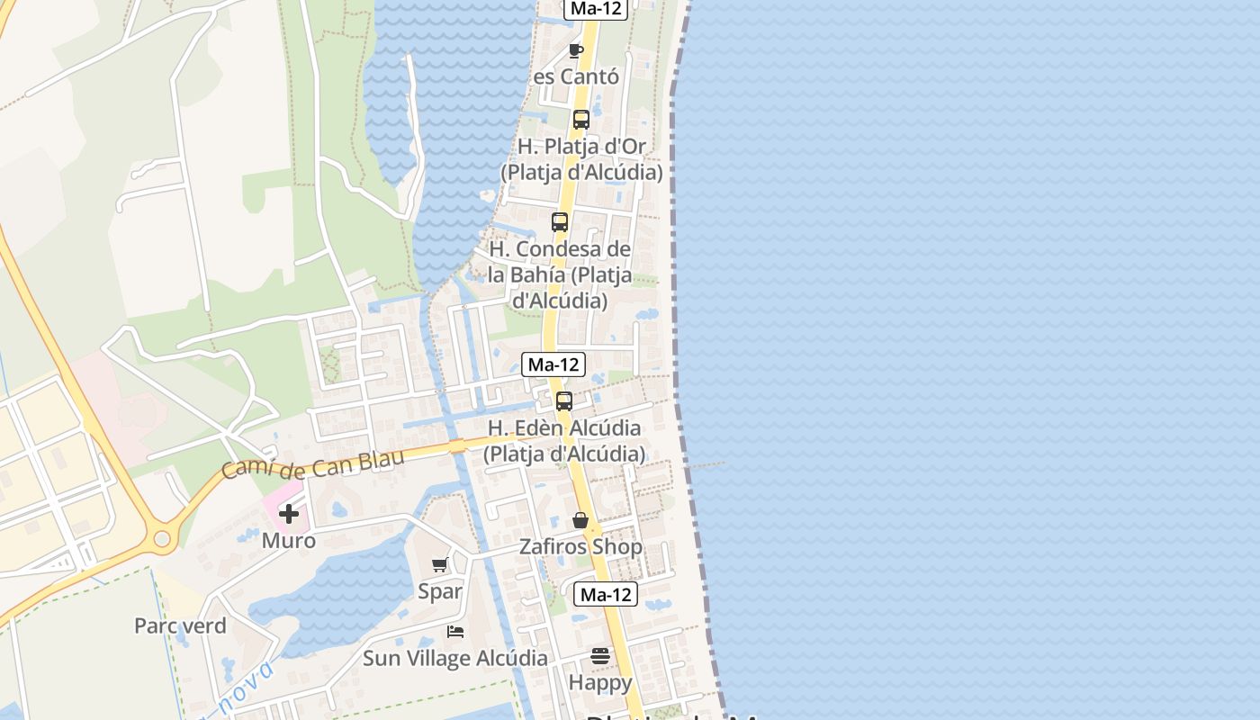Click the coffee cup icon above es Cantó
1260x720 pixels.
coord(576,50)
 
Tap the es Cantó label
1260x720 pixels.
coord(576,76)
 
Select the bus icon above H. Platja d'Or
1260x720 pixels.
coord(581,119)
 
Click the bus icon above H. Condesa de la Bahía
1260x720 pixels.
coord(560,221)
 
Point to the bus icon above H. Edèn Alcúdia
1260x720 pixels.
coord(564,401)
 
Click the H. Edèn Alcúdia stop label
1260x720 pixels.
coord(564,440)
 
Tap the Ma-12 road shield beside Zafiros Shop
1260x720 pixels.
coord(606,594)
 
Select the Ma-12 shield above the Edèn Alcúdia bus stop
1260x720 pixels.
coord(553,364)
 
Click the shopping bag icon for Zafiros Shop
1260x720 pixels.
coord(580,520)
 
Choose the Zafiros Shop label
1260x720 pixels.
coord(580,546)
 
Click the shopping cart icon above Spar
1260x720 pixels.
coord(440,565)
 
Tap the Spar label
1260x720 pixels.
coord(440,591)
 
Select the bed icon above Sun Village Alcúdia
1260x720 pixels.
coord(455,632)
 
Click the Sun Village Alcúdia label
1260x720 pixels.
coord(455,658)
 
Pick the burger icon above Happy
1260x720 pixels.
coord(600,656)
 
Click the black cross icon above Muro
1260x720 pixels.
coord(289,514)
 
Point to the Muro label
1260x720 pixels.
coord(289,541)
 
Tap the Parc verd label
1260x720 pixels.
coord(180,625)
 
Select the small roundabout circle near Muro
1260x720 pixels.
coord(162,539)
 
